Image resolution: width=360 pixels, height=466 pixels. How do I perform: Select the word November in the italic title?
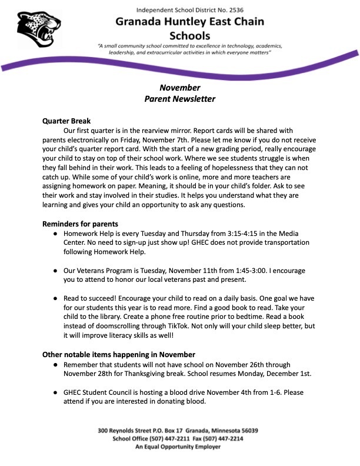click(x=180, y=88)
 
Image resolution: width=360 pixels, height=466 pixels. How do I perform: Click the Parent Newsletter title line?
click(x=180, y=99)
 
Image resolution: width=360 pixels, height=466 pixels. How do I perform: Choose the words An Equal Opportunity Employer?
click(x=178, y=447)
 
